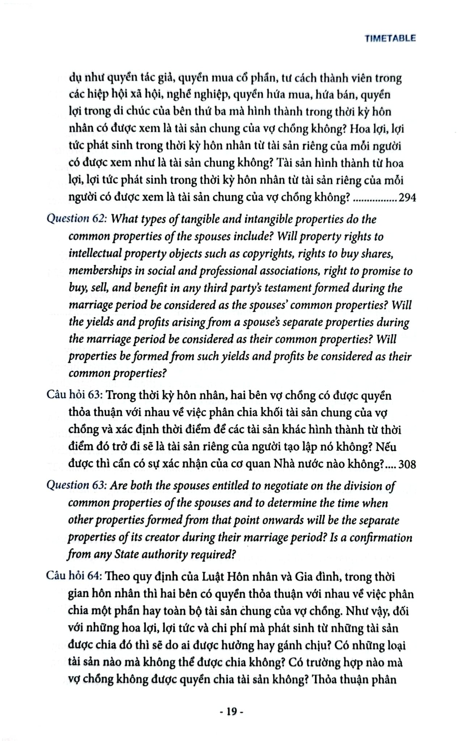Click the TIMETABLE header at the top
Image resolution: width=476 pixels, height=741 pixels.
[390, 38]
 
